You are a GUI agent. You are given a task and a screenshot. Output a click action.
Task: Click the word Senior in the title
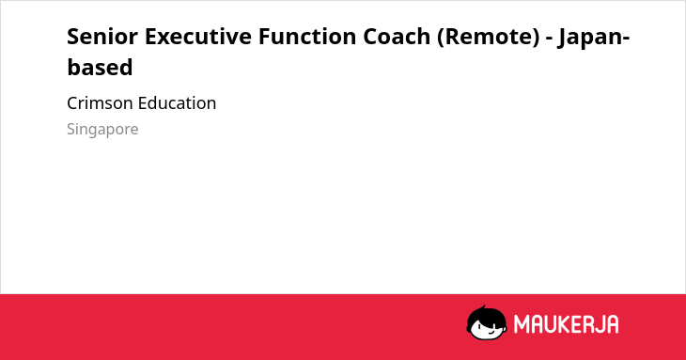(101, 37)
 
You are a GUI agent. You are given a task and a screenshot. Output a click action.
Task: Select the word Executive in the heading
(197, 37)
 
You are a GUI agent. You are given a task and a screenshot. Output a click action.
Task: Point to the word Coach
(397, 37)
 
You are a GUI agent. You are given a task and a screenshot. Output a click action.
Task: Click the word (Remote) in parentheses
(488, 37)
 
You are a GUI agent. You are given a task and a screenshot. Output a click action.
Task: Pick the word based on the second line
(100, 68)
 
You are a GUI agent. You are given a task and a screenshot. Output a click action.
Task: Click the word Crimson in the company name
(100, 103)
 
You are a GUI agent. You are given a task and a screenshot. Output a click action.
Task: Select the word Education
(177, 103)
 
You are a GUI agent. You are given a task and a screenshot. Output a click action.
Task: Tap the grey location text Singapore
(102, 130)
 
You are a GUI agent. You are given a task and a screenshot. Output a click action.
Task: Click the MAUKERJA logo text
(566, 324)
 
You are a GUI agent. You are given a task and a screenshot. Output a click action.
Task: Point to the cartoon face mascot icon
(487, 322)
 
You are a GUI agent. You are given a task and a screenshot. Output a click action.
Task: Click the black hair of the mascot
(486, 314)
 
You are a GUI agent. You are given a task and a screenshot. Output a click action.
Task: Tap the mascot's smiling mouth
(491, 332)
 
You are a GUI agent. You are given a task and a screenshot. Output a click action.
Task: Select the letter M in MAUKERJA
(522, 324)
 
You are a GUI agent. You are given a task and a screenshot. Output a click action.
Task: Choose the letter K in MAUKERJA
(564, 324)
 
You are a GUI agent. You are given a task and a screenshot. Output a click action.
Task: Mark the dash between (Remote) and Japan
(549, 39)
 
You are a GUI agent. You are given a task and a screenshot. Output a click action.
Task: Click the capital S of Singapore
(71, 129)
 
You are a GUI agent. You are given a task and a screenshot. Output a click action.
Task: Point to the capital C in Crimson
(72, 103)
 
